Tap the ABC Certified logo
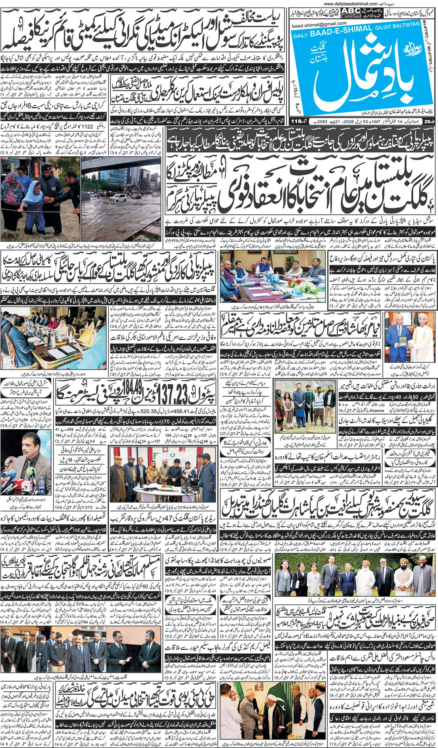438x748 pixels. [x=351, y=13]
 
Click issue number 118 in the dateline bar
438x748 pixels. [x=296, y=121]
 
